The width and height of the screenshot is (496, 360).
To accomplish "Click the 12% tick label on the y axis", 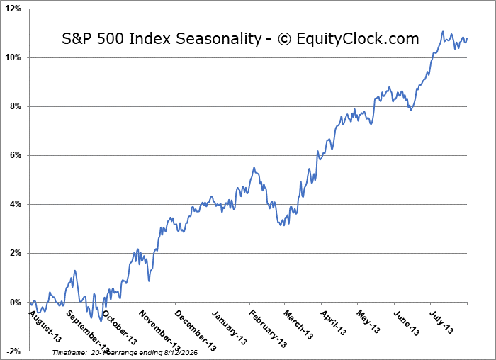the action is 13,9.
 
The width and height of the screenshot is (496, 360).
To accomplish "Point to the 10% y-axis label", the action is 13,57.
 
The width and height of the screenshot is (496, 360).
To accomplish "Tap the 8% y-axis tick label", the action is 15,106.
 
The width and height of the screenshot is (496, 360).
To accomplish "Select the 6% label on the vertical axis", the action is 15,155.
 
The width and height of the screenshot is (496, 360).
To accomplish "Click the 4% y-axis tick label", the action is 15,204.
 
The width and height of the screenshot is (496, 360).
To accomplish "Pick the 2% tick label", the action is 15,254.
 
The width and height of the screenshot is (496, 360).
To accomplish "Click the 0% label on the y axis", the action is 15,303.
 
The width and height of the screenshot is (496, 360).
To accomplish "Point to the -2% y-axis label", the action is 14,351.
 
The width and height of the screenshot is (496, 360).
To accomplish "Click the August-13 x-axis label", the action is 45,326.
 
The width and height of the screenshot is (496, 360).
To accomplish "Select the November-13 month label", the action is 159,330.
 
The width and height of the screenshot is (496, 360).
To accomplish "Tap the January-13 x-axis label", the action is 229,327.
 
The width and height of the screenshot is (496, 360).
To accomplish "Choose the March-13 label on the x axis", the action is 298,325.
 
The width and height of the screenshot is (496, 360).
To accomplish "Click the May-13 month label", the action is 368,322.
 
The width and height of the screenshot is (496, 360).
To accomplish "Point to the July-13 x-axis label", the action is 441,322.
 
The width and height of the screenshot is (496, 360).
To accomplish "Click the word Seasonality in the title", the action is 218,39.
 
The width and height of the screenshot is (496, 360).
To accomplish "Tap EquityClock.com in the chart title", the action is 358,39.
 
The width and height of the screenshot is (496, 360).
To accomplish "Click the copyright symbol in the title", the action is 284,39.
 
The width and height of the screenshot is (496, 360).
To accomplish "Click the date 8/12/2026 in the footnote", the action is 181,352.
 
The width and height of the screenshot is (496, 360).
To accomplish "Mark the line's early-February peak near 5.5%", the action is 254,168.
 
